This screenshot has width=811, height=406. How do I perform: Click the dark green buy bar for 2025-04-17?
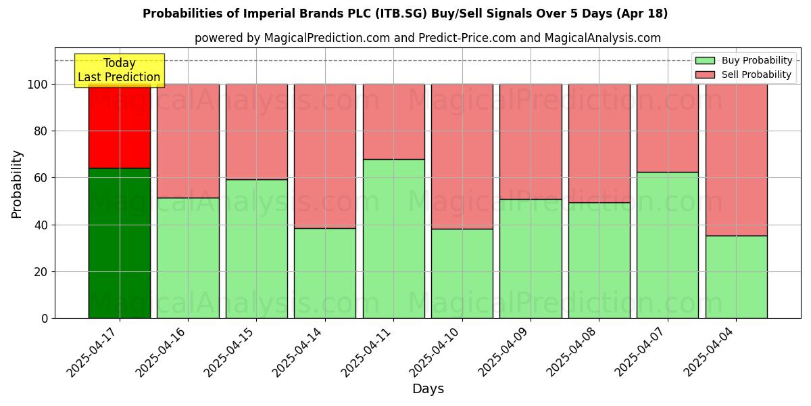pos(120,243)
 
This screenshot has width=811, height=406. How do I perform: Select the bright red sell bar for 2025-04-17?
pos(120,126)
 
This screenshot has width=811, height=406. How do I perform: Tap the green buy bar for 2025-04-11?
pos(393,238)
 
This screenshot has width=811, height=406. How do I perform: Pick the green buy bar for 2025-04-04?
pos(736,277)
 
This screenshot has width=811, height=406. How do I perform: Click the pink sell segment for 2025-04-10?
pos(462,156)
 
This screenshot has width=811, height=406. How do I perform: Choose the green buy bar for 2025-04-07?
pos(668,245)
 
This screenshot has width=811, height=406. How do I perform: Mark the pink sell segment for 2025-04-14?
pos(325,156)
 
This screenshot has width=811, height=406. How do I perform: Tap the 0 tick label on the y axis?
pos(45,319)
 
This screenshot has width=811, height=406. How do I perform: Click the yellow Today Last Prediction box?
pos(119,70)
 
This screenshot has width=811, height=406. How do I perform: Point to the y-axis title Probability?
pos(17,184)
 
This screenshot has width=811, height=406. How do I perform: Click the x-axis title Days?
pos(428,389)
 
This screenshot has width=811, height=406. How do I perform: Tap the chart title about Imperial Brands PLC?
pos(405,14)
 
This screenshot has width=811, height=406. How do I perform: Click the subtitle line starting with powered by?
pos(428,38)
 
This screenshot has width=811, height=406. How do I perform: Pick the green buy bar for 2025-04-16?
pos(188,258)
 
